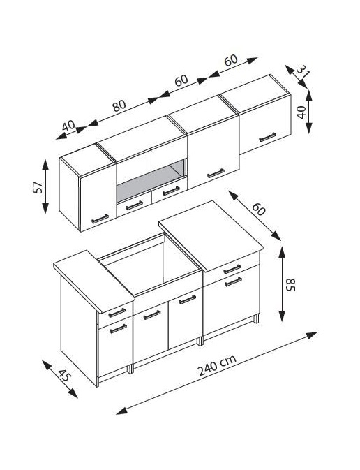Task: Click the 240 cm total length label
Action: click(x=218, y=365)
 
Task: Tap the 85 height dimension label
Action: click(x=291, y=284)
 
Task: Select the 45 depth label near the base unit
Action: click(x=63, y=375)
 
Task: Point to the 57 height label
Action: click(x=38, y=187)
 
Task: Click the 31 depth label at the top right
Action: click(x=303, y=72)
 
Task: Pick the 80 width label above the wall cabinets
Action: click(x=119, y=105)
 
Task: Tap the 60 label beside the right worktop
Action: click(x=258, y=209)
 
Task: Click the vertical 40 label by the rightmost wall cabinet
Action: click(x=301, y=112)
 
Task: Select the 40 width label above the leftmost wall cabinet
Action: click(x=68, y=126)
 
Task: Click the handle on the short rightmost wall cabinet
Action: click(x=267, y=137)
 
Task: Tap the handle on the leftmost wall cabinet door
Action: click(x=100, y=219)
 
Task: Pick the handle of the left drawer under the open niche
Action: click(x=134, y=205)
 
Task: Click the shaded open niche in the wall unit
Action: click(x=151, y=181)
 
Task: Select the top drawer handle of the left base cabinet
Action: click(x=117, y=313)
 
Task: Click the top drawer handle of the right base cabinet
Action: click(x=232, y=269)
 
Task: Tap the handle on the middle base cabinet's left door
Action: click(x=152, y=315)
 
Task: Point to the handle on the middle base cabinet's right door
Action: click(x=188, y=300)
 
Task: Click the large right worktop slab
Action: click(x=211, y=235)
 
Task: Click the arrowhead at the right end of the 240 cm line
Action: click(x=313, y=335)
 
